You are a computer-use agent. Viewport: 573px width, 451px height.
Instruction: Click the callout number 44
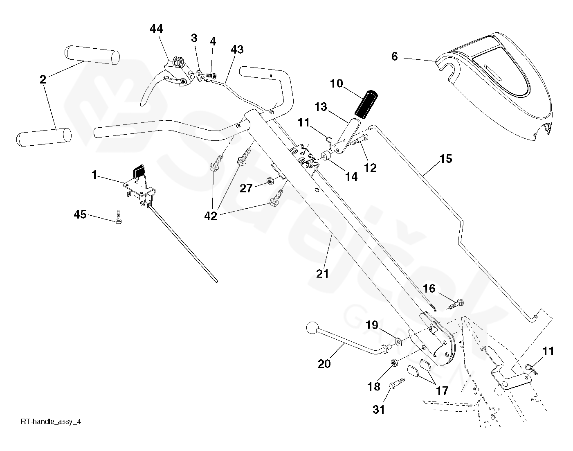tap(156, 29)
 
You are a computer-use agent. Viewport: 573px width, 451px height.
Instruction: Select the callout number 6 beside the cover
tap(394, 56)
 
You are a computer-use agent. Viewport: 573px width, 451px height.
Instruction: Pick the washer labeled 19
tap(398, 341)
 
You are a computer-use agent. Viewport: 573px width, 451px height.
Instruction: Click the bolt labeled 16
tap(457, 304)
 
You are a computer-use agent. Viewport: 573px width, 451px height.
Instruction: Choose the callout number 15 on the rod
tap(446, 159)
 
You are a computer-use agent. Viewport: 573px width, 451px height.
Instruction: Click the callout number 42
tap(211, 216)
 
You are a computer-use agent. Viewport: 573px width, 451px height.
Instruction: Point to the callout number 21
tap(322, 273)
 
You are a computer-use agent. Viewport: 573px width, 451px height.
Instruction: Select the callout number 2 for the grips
tap(43, 79)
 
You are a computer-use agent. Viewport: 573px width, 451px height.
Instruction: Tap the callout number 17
tap(442, 390)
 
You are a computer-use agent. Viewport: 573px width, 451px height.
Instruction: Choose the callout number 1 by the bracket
tap(94, 175)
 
